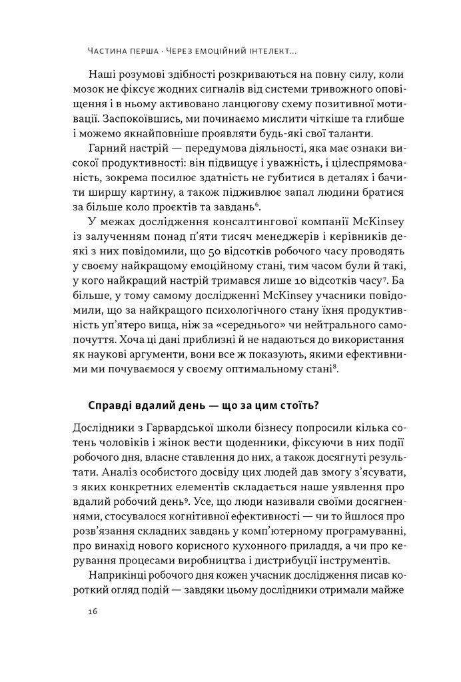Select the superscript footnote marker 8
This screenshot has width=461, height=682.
point(329,365)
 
